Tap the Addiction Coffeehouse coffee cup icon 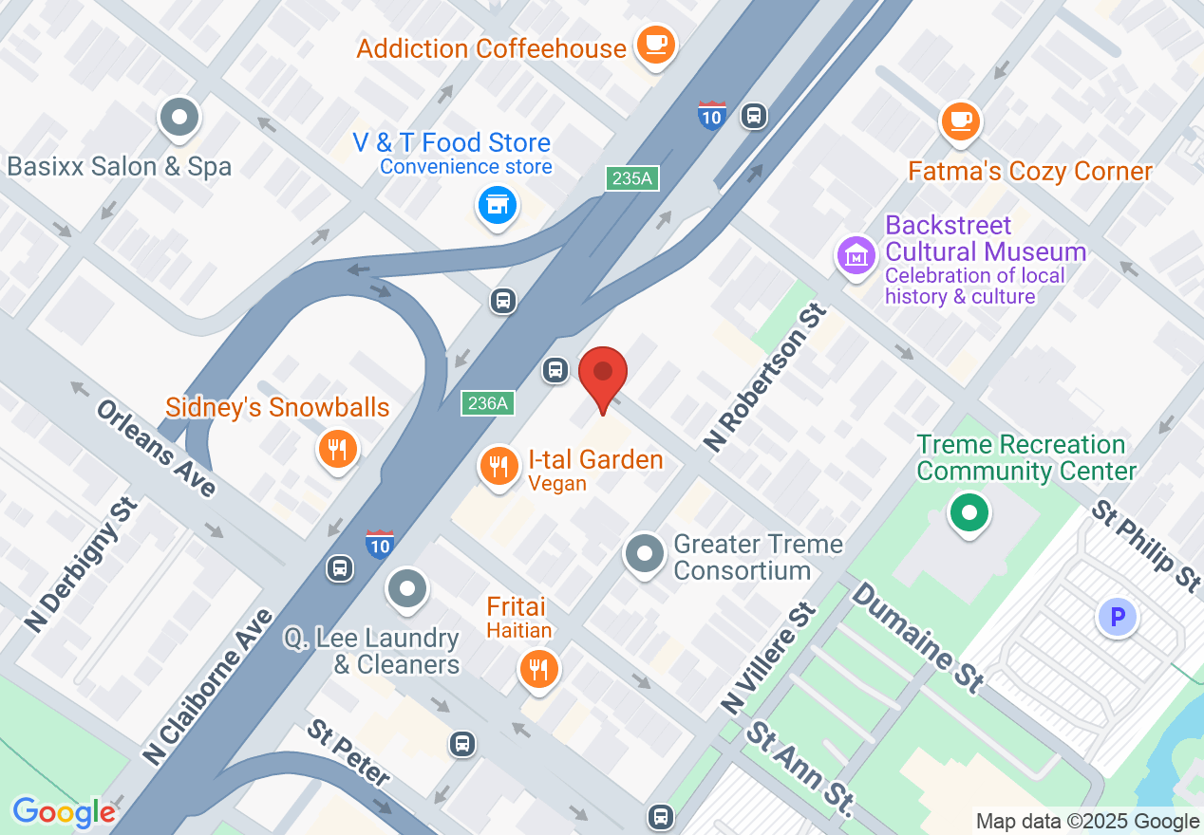(654, 44)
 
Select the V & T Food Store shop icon (496, 204)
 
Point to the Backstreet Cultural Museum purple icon (856, 254)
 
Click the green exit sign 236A (488, 403)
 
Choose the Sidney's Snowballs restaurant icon (337, 448)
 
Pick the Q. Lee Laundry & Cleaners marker (408, 588)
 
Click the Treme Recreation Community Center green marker (969, 514)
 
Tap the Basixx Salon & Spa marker (179, 119)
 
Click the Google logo (64, 812)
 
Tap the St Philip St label (1146, 547)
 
